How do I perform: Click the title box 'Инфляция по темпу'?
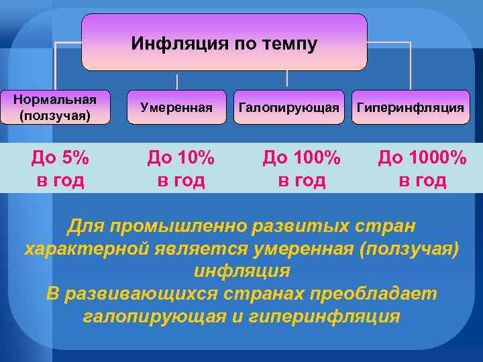pos(224,42)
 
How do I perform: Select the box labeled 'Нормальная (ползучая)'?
pos(55,107)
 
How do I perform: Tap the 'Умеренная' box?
pos(176,107)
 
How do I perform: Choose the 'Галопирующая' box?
pos(288,107)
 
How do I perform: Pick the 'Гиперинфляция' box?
pos(410,107)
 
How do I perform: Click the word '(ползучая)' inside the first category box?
pos(55,115)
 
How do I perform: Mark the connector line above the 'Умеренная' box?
pos(178,82)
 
